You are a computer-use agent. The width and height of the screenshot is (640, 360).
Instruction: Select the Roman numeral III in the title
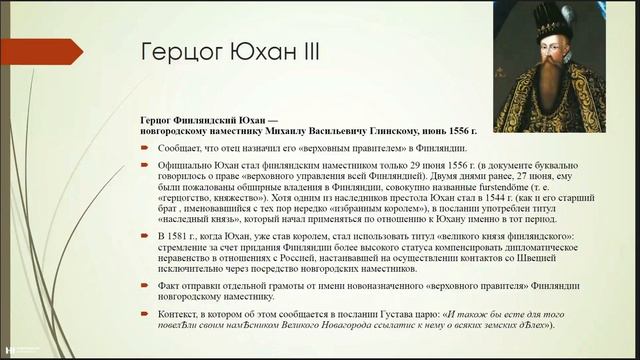pos(304,51)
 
